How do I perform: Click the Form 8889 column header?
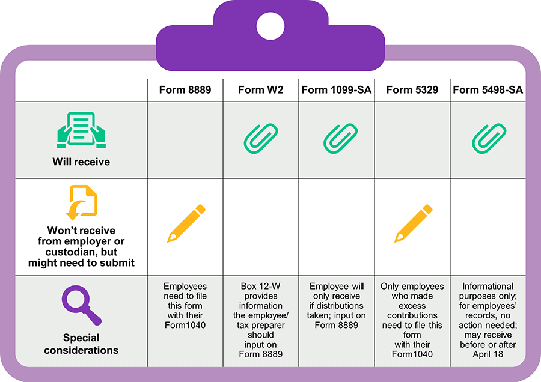185,90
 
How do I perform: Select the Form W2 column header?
260,90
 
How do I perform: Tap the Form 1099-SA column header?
336,90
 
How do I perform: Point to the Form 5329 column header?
412,90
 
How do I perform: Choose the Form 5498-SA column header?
488,90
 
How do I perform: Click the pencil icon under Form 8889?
185,223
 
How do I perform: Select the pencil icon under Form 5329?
412,223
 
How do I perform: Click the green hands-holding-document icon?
81,131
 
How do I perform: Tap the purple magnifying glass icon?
81,305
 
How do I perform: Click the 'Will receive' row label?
81,162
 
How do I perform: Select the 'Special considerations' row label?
81,344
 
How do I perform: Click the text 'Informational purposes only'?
488,291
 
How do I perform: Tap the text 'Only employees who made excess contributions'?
412,301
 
